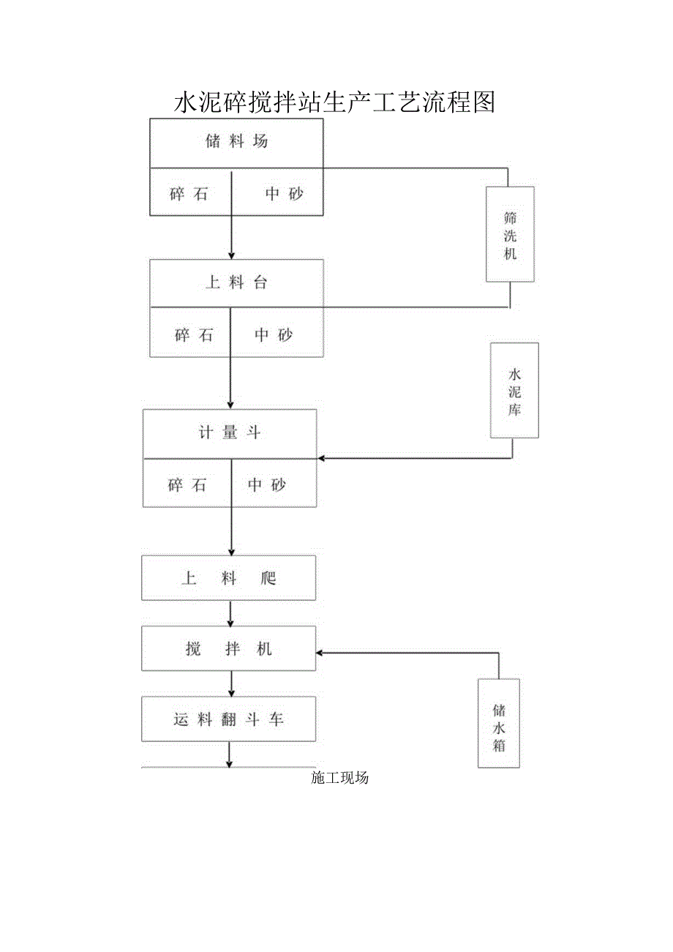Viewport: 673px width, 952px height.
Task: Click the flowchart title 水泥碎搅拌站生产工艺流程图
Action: (x=334, y=103)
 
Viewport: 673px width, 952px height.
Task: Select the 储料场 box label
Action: (x=236, y=142)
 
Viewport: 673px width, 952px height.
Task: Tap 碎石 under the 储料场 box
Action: (x=189, y=194)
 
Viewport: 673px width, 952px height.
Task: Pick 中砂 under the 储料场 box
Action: (x=284, y=194)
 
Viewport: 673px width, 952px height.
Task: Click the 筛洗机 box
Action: (x=510, y=234)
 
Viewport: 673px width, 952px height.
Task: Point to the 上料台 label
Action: (x=236, y=283)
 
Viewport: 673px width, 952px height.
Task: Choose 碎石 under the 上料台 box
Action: (x=194, y=335)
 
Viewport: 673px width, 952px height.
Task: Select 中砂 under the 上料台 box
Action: (x=274, y=335)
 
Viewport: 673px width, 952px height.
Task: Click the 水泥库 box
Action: (x=514, y=391)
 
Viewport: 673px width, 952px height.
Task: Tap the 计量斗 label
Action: (x=229, y=432)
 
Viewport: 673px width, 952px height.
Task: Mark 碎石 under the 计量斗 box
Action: (x=187, y=484)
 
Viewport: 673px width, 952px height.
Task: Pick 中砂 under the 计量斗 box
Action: (x=266, y=484)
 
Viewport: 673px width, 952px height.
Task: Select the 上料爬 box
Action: (x=229, y=578)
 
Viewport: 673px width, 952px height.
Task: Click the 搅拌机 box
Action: (x=229, y=648)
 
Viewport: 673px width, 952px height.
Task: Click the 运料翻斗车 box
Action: (x=229, y=719)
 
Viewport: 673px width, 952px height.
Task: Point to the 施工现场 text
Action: (x=339, y=778)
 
